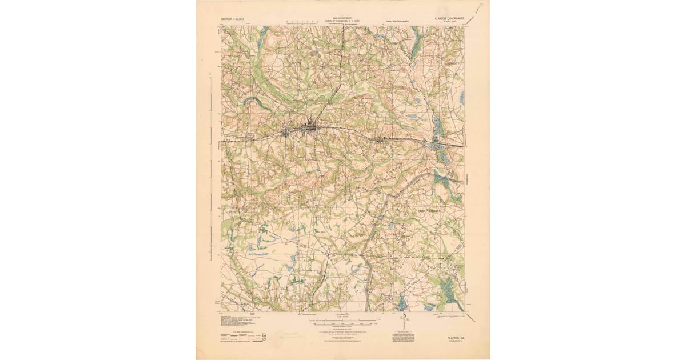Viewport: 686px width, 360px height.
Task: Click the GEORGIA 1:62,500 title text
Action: pos(233,19)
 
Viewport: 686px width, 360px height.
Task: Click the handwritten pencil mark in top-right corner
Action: pos(479,5)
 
